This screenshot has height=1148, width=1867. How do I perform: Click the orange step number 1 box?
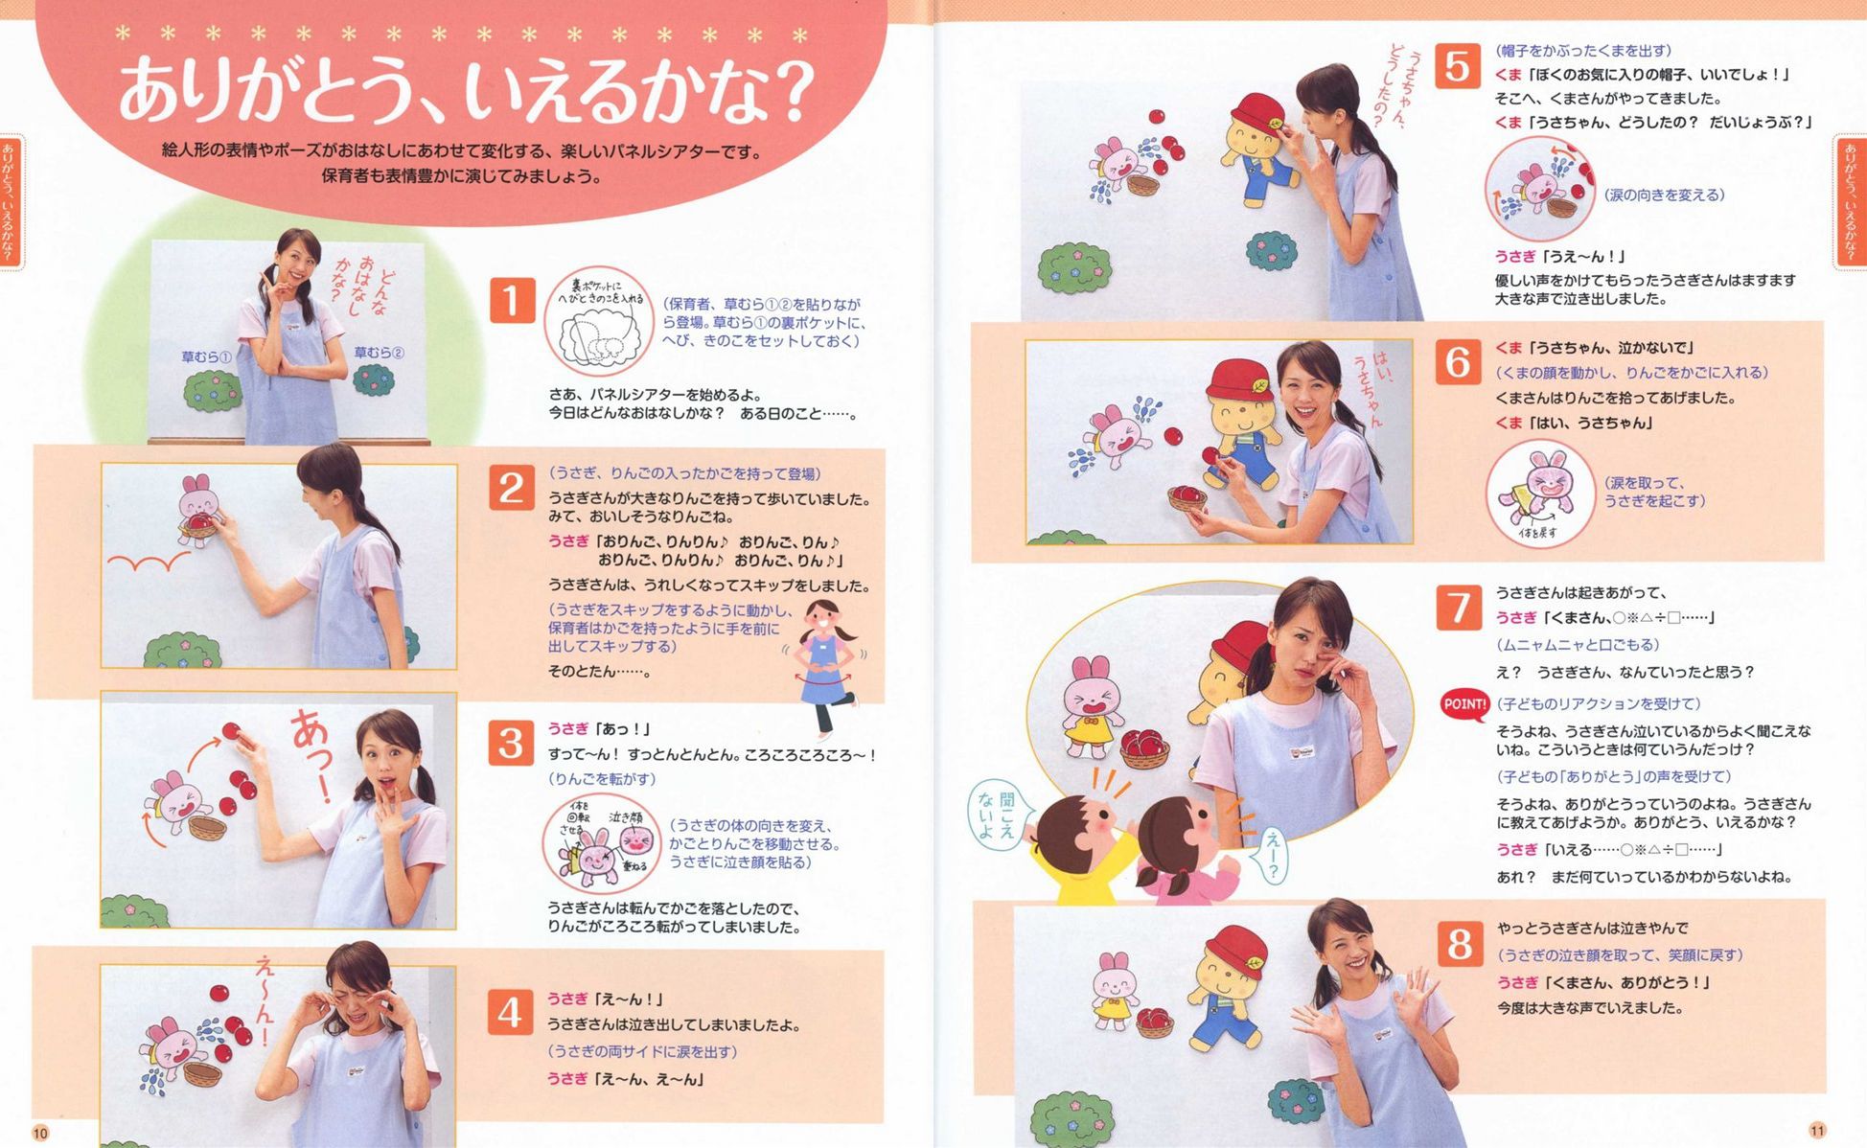(x=511, y=300)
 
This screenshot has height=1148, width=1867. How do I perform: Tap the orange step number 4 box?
(x=510, y=1013)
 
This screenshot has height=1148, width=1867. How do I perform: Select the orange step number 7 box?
(x=1459, y=608)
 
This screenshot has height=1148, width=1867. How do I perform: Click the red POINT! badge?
(x=1464, y=704)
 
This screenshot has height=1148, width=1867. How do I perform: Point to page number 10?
(x=40, y=1133)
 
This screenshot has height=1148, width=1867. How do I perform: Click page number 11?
(x=1817, y=1130)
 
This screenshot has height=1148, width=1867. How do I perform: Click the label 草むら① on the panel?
(x=207, y=356)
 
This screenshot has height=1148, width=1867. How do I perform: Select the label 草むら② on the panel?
(x=380, y=353)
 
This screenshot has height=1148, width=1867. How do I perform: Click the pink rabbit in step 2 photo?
(x=198, y=510)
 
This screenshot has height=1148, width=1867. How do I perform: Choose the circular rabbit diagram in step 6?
(x=1540, y=494)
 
